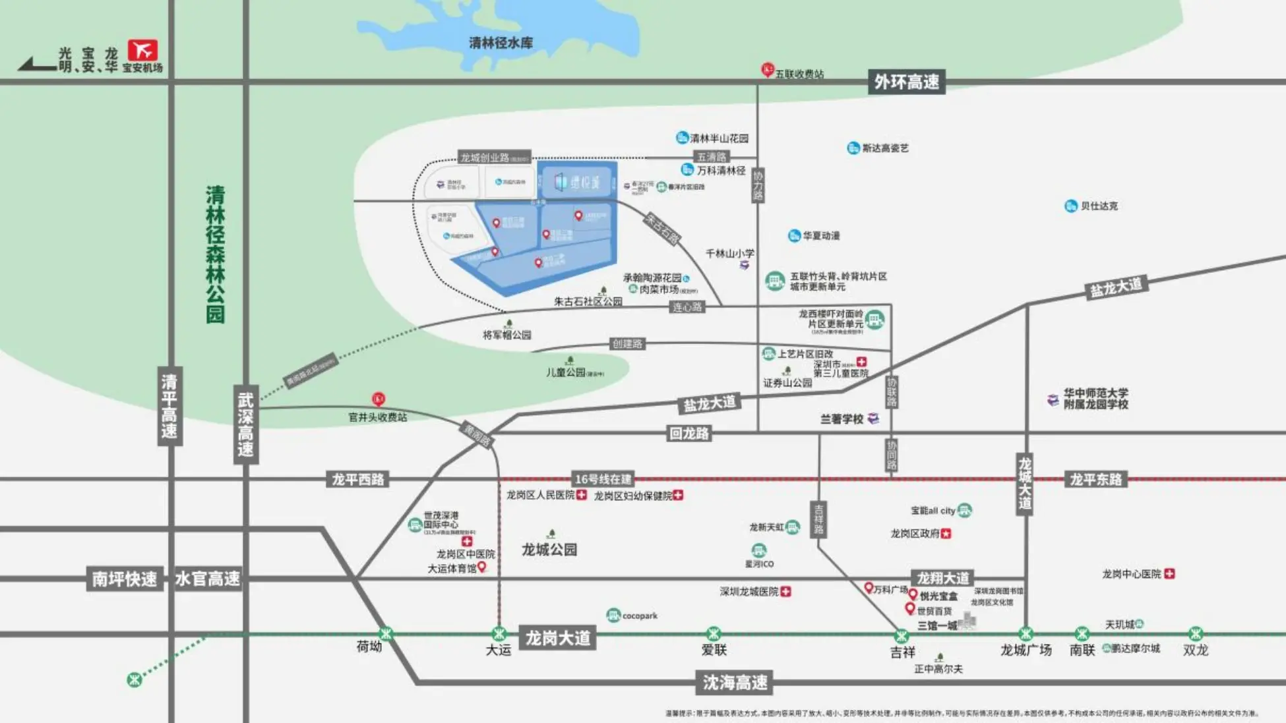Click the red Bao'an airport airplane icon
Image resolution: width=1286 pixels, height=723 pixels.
142,50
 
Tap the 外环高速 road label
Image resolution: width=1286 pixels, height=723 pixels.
906,82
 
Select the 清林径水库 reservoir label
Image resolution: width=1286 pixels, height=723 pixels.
501,43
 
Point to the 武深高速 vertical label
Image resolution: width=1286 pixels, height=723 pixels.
245,424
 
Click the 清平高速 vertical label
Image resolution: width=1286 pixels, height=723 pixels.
169,406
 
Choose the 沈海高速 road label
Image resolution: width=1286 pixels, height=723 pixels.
735,682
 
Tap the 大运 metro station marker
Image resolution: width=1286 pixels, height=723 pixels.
499,634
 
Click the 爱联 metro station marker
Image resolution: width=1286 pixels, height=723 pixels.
714,634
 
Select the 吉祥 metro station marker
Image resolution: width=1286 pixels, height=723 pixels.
902,636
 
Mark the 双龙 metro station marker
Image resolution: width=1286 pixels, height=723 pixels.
1196,634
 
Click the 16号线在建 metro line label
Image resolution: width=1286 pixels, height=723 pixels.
603,479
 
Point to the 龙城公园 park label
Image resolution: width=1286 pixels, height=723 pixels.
549,549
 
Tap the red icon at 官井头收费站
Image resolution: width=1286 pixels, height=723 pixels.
378,399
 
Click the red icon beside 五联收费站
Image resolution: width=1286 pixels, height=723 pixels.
767,69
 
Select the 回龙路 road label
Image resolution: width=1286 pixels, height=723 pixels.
689,433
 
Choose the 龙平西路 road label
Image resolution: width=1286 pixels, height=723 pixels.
357,479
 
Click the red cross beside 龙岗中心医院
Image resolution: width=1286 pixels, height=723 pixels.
1169,574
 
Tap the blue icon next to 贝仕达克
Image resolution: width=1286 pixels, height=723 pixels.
1071,206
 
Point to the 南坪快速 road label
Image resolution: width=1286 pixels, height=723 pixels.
125,579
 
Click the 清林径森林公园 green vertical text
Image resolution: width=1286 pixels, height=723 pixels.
215,254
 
